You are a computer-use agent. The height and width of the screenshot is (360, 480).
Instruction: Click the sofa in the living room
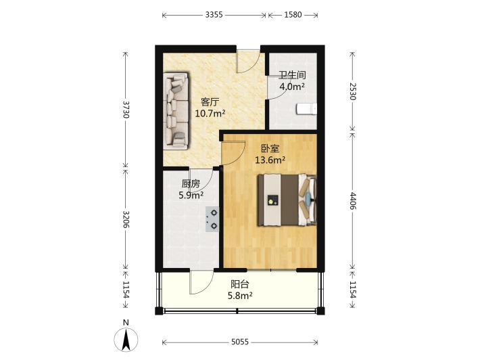(x=176, y=111)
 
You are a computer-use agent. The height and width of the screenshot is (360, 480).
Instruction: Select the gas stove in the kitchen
(x=212, y=219)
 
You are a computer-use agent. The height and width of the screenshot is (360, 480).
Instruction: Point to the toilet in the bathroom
(x=306, y=109)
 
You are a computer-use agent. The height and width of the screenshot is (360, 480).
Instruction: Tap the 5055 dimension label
(x=240, y=342)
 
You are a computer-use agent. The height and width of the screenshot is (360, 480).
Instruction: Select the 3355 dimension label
(x=214, y=15)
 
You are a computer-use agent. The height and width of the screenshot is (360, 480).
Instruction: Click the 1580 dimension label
(x=293, y=15)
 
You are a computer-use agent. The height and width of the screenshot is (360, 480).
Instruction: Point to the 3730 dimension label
(x=126, y=110)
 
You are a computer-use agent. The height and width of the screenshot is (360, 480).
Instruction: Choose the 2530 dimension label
(x=352, y=91)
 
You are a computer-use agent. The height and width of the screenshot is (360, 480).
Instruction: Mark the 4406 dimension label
(x=352, y=201)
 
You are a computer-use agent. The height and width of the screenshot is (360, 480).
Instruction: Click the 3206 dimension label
(x=126, y=219)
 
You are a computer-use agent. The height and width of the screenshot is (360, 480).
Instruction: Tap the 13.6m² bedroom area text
(x=270, y=160)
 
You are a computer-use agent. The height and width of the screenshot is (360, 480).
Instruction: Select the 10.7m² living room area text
(x=210, y=114)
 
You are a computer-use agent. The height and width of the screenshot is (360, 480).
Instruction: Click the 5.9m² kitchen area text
(x=191, y=195)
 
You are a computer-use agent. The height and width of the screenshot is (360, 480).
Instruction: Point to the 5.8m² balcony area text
(x=240, y=296)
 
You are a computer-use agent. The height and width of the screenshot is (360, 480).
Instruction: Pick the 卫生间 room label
(x=292, y=75)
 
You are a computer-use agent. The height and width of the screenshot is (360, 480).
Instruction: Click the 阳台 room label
(x=240, y=284)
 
